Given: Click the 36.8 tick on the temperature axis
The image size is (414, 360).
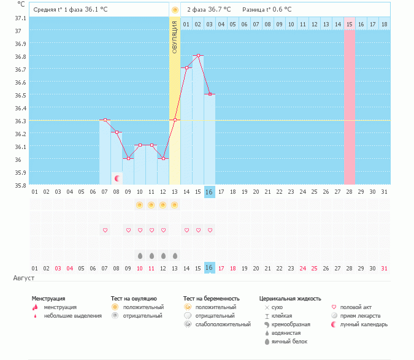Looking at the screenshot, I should (21, 56).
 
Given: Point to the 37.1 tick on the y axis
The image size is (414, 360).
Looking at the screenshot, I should (21, 18).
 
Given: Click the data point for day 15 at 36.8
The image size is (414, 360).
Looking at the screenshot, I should (198, 55).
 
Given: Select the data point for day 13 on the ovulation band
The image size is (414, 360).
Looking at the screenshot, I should (175, 119).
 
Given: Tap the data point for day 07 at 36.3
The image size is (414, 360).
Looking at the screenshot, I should (105, 120).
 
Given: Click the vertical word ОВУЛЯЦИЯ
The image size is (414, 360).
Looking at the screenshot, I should (175, 37).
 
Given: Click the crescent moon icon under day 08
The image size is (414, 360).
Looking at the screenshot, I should (117, 178).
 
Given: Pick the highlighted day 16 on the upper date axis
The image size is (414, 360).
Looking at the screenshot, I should (209, 192).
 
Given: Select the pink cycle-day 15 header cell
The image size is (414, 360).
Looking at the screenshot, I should (350, 24).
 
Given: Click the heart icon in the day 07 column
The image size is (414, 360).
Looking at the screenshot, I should (105, 230).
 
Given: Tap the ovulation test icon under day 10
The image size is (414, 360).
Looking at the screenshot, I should (140, 205).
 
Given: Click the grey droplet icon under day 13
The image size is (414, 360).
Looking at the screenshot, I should (175, 255).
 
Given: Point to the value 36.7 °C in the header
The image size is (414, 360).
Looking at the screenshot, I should (219, 10).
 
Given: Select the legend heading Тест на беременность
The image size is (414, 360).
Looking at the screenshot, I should (210, 299).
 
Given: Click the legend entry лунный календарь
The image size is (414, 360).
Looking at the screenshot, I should (364, 324).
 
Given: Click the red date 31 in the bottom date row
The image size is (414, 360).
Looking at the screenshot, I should (384, 268).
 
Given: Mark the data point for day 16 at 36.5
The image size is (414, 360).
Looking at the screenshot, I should (210, 94).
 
